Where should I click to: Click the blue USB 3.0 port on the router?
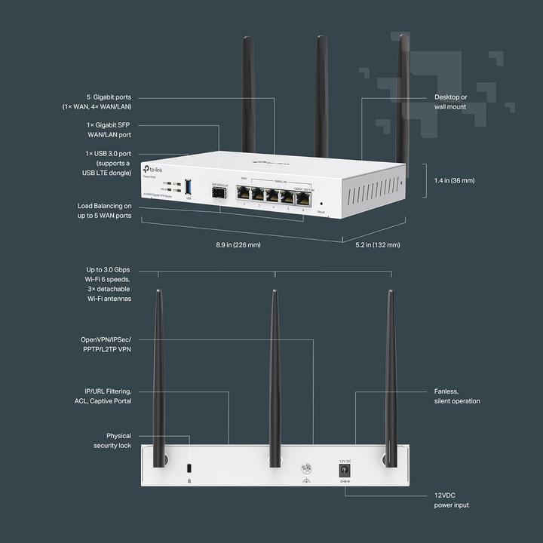coord(188,186)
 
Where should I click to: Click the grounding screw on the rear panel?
coord(307,468)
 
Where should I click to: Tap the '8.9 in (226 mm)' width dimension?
coord(239,244)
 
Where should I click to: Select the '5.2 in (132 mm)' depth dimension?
coord(377,244)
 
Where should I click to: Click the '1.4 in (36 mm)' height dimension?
coord(455,181)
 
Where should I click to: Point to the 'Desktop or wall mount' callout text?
coord(450,102)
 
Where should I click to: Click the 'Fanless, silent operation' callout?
coord(456,396)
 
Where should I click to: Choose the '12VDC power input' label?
coord(451,500)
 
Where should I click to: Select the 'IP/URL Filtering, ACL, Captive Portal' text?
coord(107,396)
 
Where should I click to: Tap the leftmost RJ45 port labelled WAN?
coord(244,193)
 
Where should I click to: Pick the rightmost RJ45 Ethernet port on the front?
coord(303,198)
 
